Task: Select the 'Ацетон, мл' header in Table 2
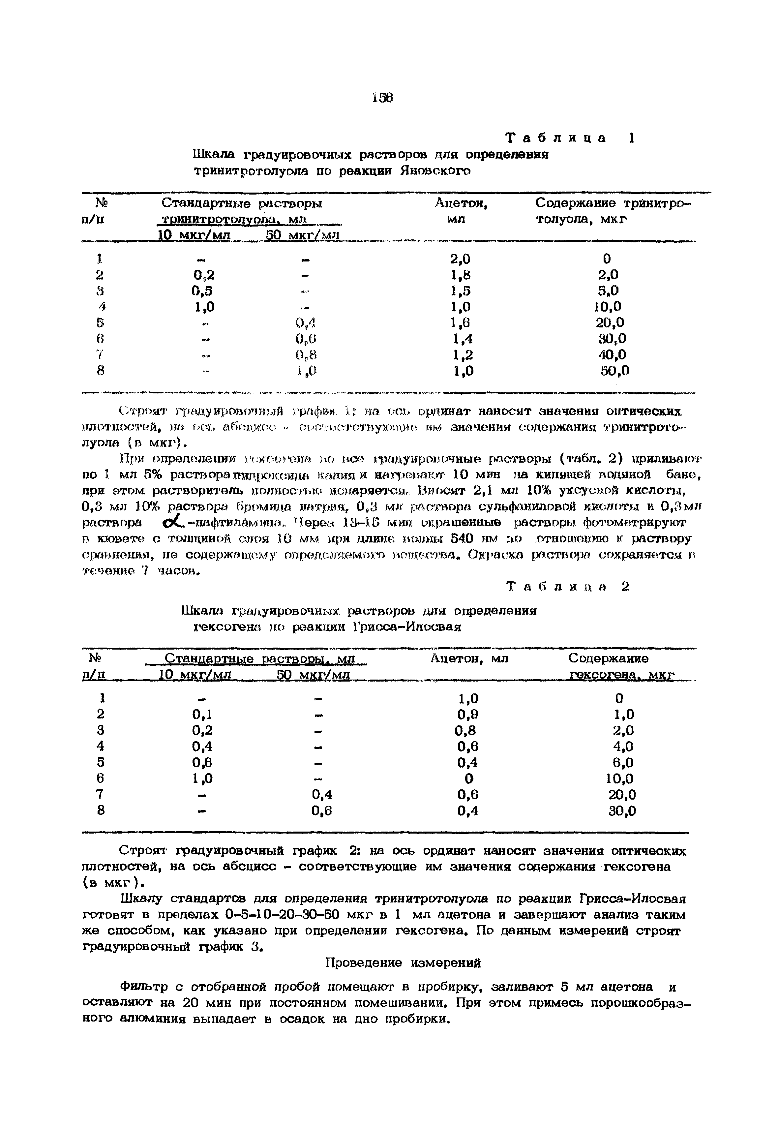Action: pyautogui.click(x=469, y=658)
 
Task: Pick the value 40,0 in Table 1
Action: pyautogui.click(x=613, y=355)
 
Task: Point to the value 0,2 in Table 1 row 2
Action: pyautogui.click(x=203, y=275)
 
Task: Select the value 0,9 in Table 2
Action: pyautogui.click(x=467, y=715)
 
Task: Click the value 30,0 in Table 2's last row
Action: pyautogui.click(x=622, y=811)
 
